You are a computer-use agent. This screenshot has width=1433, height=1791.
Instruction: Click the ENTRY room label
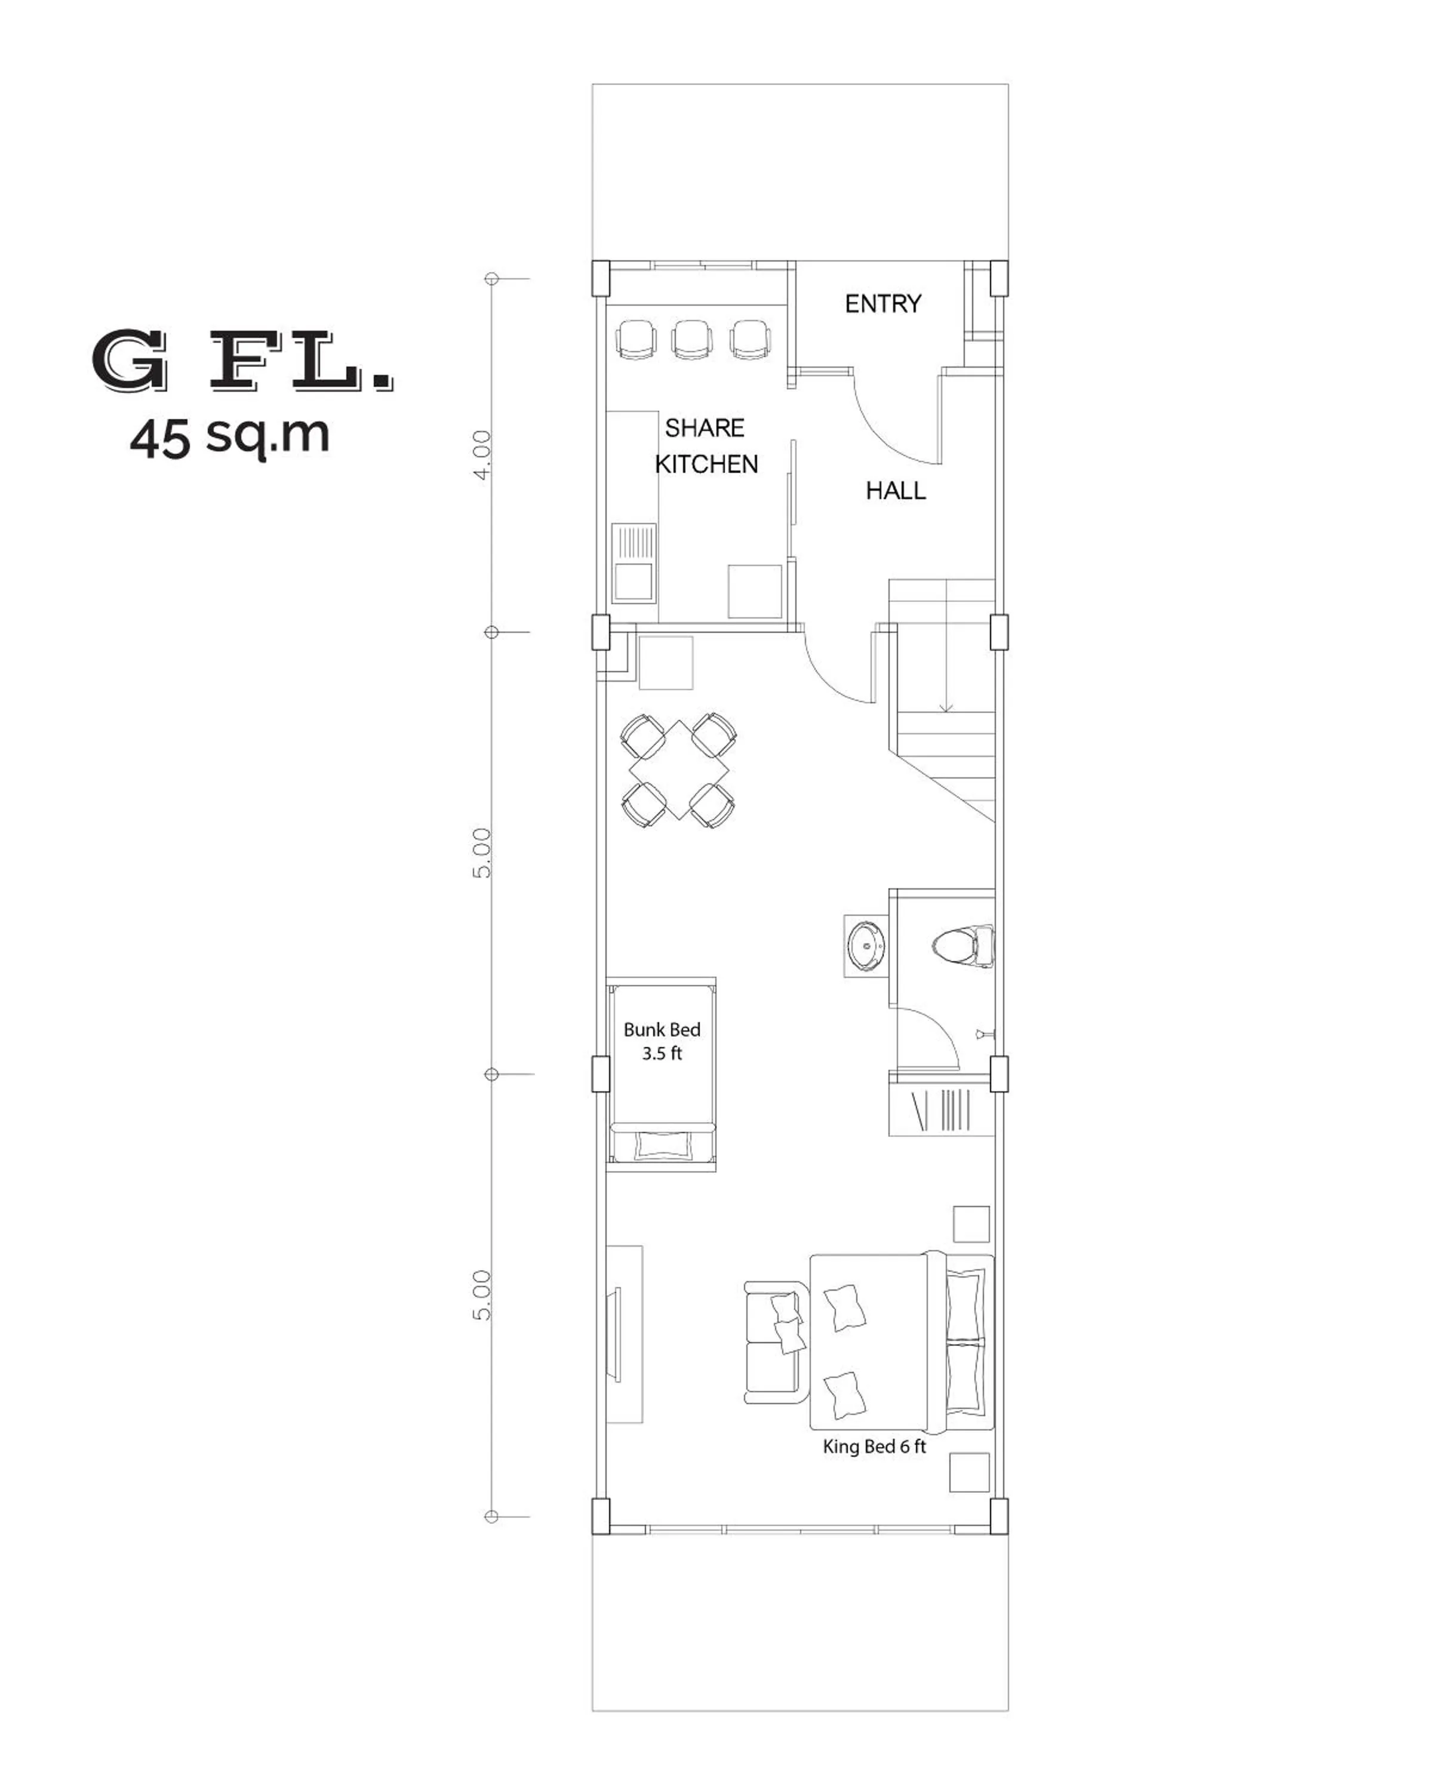(882, 304)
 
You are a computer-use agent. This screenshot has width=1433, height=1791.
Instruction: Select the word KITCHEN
(706, 464)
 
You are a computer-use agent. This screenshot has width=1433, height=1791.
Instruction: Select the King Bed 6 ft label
(874, 1447)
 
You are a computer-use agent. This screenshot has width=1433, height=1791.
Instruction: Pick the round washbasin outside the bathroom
(866, 945)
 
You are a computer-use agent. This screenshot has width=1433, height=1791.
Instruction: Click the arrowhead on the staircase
(945, 708)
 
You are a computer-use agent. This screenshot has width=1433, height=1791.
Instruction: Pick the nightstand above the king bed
(970, 1224)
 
